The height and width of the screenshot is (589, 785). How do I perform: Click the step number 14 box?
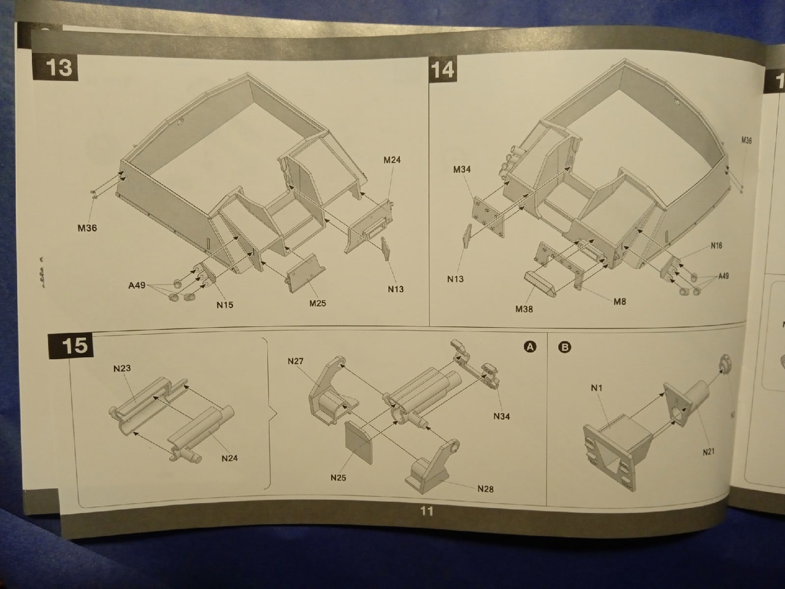(x=442, y=69)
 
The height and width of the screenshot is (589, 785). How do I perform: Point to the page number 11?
(x=426, y=511)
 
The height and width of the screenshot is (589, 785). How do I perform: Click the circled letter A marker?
(x=530, y=347)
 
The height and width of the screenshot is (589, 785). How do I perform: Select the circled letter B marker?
(x=565, y=347)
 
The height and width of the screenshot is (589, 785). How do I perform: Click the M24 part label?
(x=392, y=160)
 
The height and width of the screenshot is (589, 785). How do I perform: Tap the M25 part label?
(x=317, y=303)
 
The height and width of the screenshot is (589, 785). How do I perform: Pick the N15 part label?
(x=224, y=304)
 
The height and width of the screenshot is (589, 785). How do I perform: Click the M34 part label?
(x=462, y=169)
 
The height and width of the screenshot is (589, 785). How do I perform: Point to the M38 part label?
(x=524, y=309)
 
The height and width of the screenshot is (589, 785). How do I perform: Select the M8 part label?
(x=619, y=302)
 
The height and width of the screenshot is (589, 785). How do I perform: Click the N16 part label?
(x=716, y=246)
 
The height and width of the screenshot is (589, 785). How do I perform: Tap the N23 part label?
(x=122, y=369)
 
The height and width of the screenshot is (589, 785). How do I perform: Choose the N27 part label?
(x=296, y=361)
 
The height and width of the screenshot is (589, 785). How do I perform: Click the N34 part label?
(x=501, y=417)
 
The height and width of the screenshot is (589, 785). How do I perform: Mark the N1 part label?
(x=597, y=388)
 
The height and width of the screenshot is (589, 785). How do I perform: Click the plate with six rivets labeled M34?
(x=487, y=214)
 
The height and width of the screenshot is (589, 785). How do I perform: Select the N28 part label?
(x=485, y=489)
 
